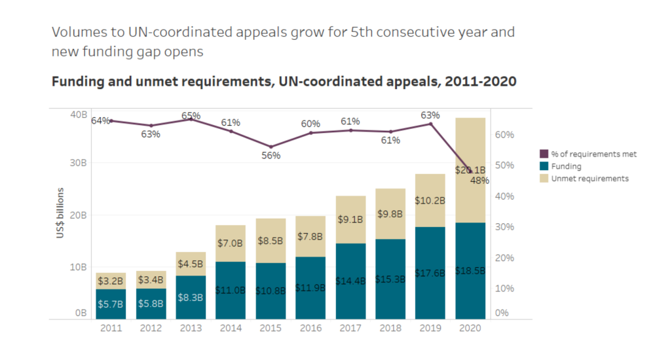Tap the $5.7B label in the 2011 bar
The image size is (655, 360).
click(111, 304)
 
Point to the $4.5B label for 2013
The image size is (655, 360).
click(191, 264)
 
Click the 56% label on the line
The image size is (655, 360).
click(271, 156)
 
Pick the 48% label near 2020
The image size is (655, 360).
click(479, 181)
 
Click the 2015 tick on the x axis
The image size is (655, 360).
click(271, 327)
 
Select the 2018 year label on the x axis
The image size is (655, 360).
click(390, 327)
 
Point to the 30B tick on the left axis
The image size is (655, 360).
click(78, 163)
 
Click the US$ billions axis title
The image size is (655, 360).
click(60, 213)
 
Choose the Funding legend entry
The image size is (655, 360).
click(565, 166)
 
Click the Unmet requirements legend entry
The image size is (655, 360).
click(589, 178)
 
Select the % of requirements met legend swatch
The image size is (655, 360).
click(543, 154)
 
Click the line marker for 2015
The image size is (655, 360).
click(271, 147)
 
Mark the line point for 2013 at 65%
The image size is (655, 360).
click(191, 119)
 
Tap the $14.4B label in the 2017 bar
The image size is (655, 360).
click(350, 279)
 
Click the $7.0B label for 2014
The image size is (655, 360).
click(231, 243)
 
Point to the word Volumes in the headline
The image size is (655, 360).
click(77, 31)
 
